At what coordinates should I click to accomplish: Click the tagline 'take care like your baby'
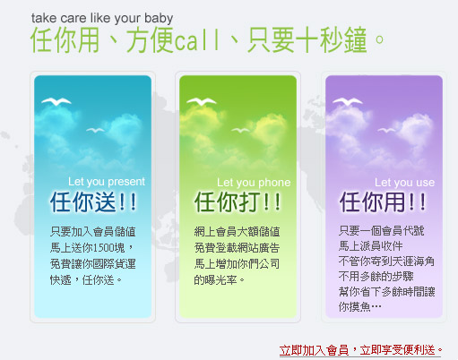(102, 18)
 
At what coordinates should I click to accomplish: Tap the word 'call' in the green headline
(197, 40)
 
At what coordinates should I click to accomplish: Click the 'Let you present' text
(107, 182)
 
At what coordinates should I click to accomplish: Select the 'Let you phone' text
(254, 183)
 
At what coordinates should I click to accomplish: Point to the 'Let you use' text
(404, 183)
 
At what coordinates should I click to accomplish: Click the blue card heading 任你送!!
(93, 202)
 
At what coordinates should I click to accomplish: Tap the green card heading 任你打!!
(238, 202)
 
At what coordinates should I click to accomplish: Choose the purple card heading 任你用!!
(383, 202)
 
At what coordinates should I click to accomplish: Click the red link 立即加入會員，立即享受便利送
(360, 350)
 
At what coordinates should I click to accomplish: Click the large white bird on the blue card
(56, 101)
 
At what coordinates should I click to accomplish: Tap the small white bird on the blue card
(95, 130)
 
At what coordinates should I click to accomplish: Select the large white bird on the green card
(202, 101)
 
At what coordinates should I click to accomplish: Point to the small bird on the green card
(240, 130)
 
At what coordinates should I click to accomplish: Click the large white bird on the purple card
(348, 101)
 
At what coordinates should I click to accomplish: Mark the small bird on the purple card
(386, 130)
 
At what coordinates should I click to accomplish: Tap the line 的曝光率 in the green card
(215, 280)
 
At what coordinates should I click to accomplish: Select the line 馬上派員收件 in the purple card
(371, 246)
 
